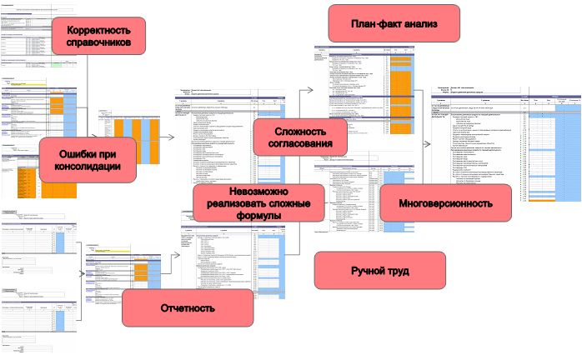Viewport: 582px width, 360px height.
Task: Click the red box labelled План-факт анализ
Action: [x=394, y=23]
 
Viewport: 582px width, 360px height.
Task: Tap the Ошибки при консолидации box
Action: [x=88, y=160]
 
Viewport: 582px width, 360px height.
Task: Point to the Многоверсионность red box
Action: [x=444, y=202]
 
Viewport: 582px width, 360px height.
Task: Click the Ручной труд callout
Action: [x=379, y=271]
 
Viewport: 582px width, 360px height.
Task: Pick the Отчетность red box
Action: [x=188, y=308]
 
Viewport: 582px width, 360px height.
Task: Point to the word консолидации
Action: [x=88, y=167]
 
